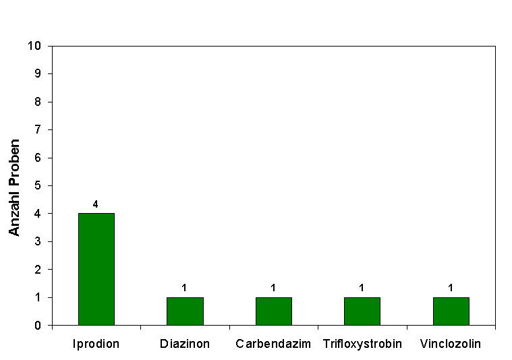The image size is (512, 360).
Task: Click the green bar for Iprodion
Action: tap(96, 269)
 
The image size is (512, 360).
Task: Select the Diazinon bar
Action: tap(185, 311)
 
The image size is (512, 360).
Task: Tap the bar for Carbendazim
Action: tap(273, 311)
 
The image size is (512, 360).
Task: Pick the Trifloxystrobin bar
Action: tap(362, 311)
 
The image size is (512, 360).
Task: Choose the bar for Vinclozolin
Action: tap(451, 311)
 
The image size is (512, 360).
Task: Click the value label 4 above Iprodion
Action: tap(95, 204)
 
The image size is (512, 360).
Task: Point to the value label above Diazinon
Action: tap(184, 288)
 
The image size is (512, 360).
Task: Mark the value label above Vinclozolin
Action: tap(451, 288)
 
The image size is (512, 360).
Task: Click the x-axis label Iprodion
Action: tap(96, 344)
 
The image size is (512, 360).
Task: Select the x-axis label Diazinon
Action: tap(185, 344)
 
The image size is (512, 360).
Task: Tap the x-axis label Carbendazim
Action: tap(273, 344)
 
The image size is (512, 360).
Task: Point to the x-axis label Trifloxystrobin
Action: tap(362, 344)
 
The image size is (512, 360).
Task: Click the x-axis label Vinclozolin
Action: tap(451, 344)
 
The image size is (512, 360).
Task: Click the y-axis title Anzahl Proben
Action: tap(15, 187)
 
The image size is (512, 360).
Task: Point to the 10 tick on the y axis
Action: tap(34, 46)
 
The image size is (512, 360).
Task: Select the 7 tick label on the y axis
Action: tap(38, 129)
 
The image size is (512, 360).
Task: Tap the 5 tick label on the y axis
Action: tap(38, 185)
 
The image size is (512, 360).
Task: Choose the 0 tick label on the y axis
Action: tap(38, 326)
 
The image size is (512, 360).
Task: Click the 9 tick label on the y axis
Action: tap(38, 73)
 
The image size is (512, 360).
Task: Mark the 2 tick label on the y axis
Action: tap(38, 270)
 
